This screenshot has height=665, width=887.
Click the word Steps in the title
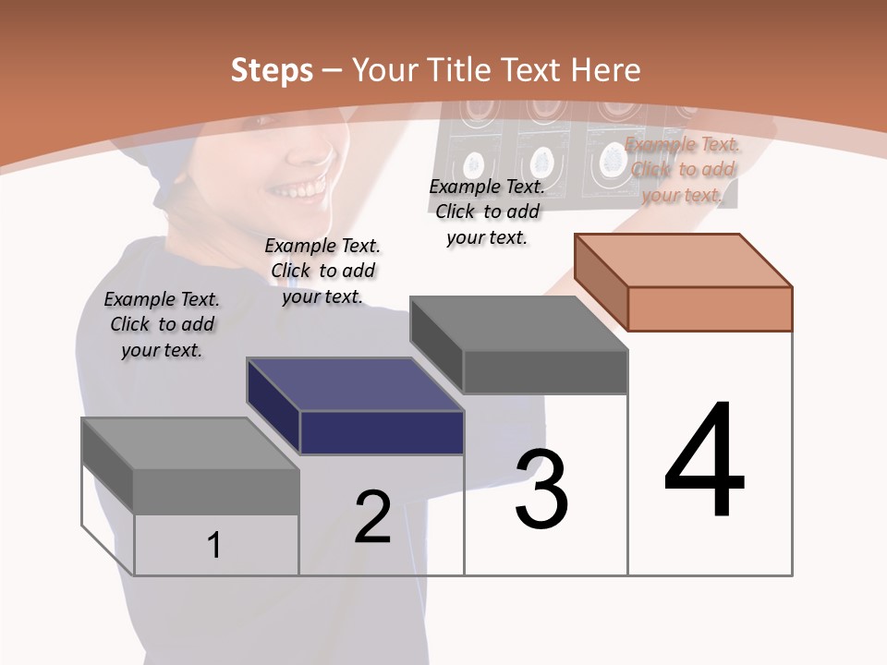[x=271, y=70]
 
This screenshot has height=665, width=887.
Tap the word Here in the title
[x=605, y=70]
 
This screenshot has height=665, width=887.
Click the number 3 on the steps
[x=541, y=489]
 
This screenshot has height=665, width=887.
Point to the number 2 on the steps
[x=372, y=517]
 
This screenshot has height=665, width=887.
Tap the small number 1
[x=213, y=545]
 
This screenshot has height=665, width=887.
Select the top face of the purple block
[x=355, y=384]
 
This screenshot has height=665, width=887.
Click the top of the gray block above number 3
[x=519, y=323]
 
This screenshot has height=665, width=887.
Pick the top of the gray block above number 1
[x=190, y=443]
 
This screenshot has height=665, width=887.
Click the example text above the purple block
[x=322, y=271]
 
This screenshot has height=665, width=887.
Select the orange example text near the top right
[x=682, y=169]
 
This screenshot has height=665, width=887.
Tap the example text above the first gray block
[x=162, y=324]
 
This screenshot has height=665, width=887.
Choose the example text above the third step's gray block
[x=487, y=212]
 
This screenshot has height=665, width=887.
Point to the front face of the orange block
[x=710, y=308]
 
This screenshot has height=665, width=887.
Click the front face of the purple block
[x=382, y=432]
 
